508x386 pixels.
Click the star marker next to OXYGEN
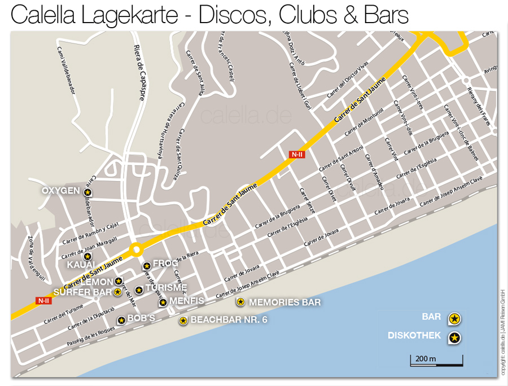tap(87, 192)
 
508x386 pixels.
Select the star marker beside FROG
tap(147, 265)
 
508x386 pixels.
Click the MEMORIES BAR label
tap(284, 302)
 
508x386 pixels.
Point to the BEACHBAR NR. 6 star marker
tap(183, 321)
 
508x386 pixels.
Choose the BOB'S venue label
tap(141, 318)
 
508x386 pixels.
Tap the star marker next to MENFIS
tap(163, 302)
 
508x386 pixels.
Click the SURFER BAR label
tap(82, 292)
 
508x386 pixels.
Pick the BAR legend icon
tap(455, 319)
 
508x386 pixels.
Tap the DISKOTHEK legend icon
tap(454, 338)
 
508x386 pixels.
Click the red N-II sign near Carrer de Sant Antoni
tap(297, 153)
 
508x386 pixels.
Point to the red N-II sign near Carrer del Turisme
tap(43, 300)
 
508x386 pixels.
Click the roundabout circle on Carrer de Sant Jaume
tap(135, 249)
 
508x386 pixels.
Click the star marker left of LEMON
tap(119, 281)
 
